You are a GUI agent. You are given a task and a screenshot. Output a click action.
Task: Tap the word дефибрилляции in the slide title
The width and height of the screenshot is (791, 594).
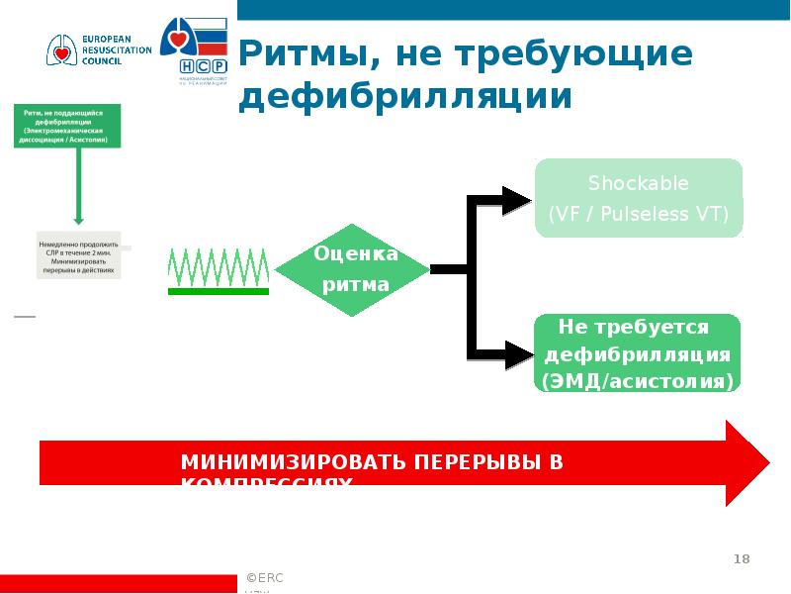coord(405,97)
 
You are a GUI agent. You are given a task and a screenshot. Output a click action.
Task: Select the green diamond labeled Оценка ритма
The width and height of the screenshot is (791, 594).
coord(352,269)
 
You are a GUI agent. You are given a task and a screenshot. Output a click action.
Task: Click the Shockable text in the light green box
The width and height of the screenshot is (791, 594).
coord(638,183)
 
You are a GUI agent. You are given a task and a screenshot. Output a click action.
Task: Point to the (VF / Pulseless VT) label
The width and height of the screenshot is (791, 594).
coord(638,215)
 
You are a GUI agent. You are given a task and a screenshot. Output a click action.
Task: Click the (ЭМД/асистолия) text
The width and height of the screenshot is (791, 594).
coord(638,380)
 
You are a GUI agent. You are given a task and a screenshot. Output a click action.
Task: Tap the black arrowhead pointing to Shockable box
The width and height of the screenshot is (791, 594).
coord(516,200)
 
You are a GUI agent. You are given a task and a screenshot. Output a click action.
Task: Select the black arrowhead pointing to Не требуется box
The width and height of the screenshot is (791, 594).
coord(516,353)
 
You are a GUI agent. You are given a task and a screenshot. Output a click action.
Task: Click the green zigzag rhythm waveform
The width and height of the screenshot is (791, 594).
coord(219,264)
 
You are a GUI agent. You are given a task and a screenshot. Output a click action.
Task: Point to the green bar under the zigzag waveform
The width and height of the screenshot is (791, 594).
coord(219,291)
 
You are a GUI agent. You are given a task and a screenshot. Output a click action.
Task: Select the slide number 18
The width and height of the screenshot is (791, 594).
coord(741,560)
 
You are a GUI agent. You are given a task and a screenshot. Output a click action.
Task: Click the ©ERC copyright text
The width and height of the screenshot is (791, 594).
coord(266,577)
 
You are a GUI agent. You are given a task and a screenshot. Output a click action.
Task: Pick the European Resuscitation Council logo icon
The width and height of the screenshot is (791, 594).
coord(59,49)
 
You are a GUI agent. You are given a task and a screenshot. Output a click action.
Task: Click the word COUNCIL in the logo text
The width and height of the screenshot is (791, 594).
coord(102,61)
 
